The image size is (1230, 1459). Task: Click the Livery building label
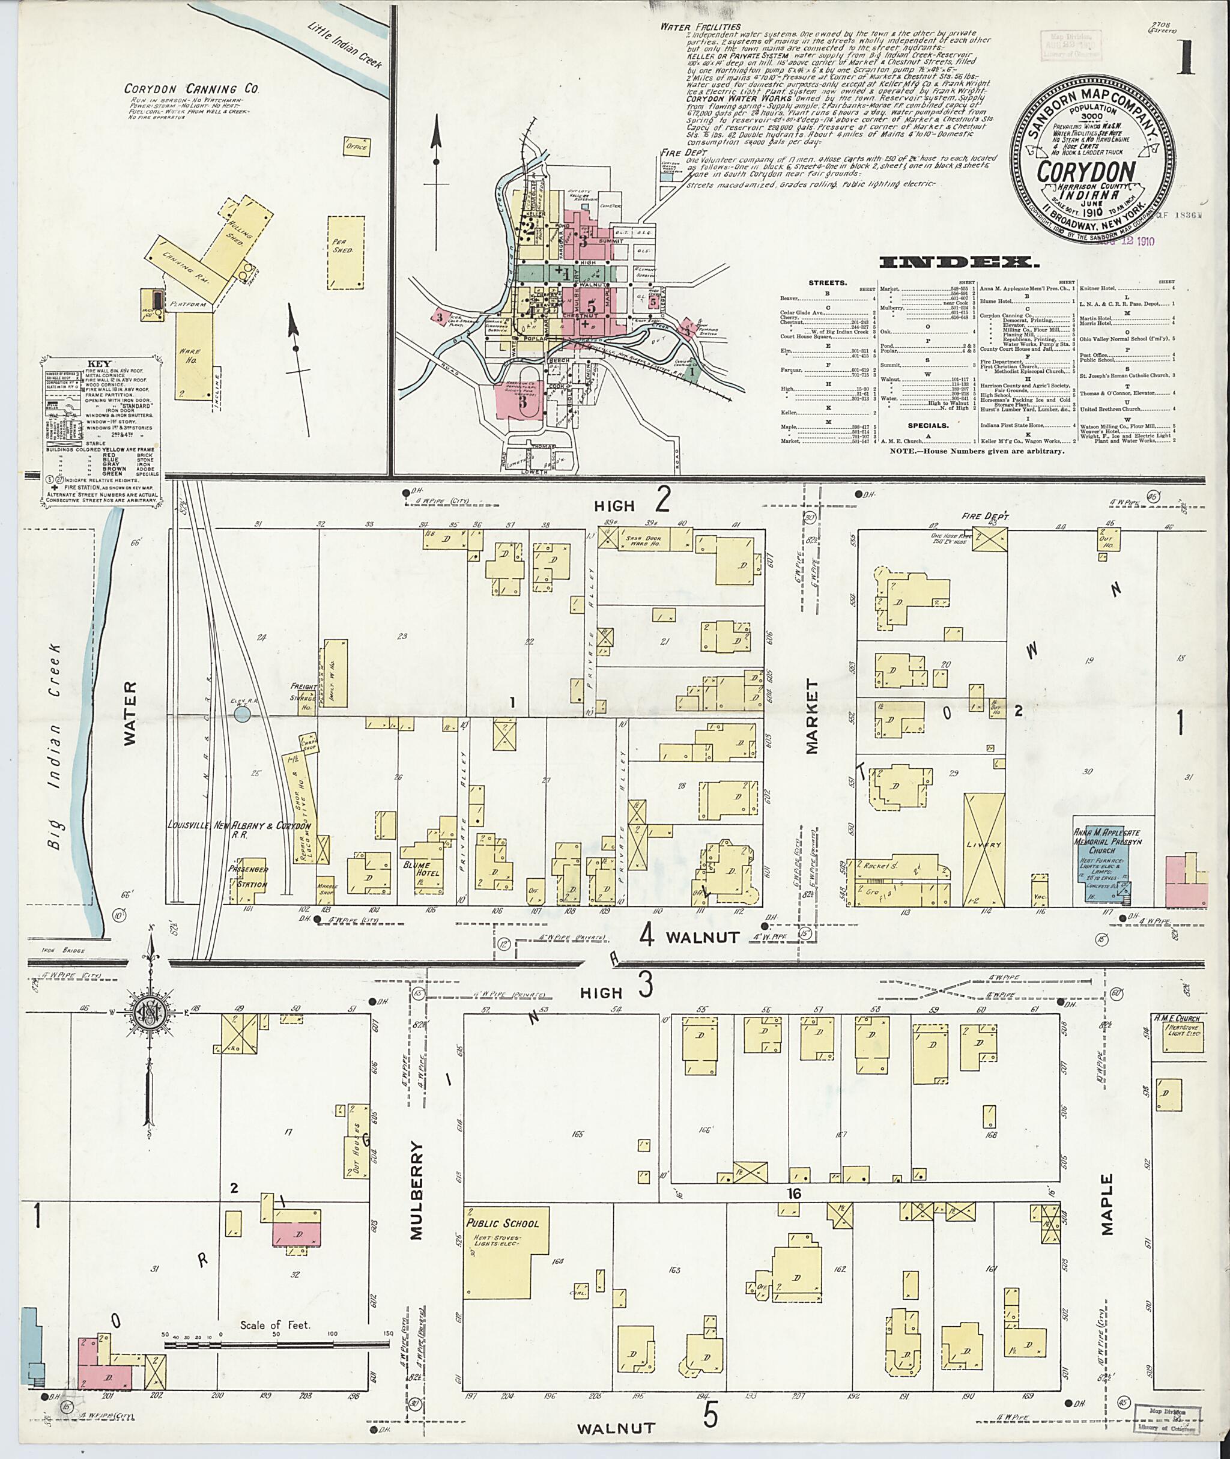[984, 845]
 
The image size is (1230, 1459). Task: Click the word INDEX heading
[958, 263]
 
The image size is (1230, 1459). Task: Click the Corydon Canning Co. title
[192, 89]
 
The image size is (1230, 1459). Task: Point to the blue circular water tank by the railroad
[243, 714]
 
